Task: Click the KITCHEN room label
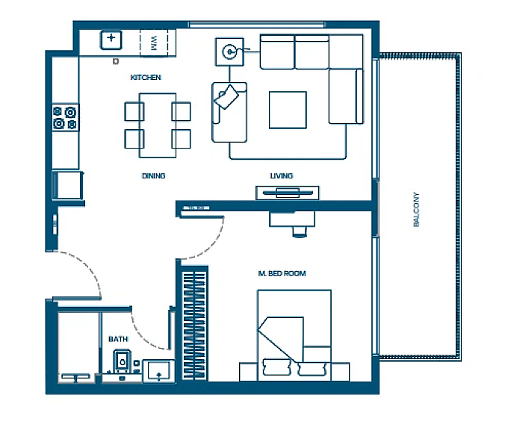click(x=146, y=78)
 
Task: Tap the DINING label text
click(x=154, y=175)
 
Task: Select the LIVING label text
click(x=281, y=175)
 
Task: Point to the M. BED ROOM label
click(x=282, y=273)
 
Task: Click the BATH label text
click(x=118, y=339)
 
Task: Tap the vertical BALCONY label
click(x=416, y=210)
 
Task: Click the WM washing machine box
click(x=154, y=43)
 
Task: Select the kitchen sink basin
click(x=111, y=40)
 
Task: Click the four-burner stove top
click(x=66, y=117)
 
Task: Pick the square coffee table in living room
click(x=288, y=110)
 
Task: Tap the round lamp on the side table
click(x=229, y=52)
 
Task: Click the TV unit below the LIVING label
click(x=288, y=193)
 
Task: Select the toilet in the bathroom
click(x=122, y=361)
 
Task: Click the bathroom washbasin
click(x=158, y=371)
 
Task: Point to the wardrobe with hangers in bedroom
click(x=194, y=325)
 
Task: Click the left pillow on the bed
click(x=277, y=367)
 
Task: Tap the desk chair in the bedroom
click(x=300, y=231)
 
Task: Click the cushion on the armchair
click(x=226, y=96)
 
